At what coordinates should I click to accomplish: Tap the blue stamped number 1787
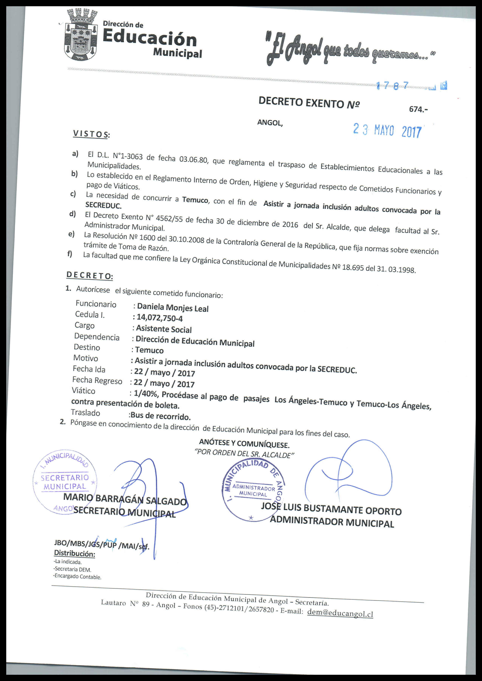click(392, 86)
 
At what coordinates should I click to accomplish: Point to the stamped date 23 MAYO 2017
click(387, 130)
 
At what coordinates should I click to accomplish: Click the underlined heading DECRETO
click(89, 275)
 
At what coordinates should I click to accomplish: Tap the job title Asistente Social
click(164, 329)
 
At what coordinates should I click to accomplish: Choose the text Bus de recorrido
click(160, 416)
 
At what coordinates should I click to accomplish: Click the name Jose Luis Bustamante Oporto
click(331, 509)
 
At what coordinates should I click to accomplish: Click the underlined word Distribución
click(74, 553)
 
